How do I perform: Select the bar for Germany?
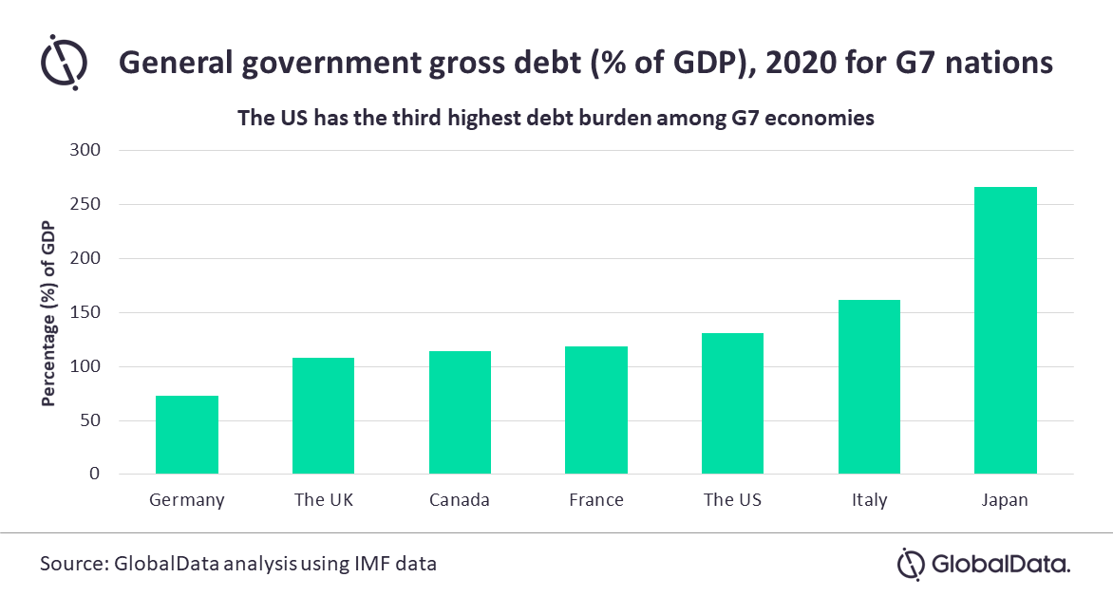pos(187,435)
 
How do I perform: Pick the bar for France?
pos(596,410)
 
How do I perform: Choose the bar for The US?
pos(732,403)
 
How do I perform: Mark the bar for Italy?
pos(869,387)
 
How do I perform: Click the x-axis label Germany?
pos(187,500)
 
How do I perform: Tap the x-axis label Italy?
pos(869,500)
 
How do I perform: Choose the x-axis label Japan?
pos(1006,500)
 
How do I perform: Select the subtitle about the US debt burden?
pos(555,120)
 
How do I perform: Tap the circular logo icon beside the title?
pos(65,63)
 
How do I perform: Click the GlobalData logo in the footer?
pos(984,564)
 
